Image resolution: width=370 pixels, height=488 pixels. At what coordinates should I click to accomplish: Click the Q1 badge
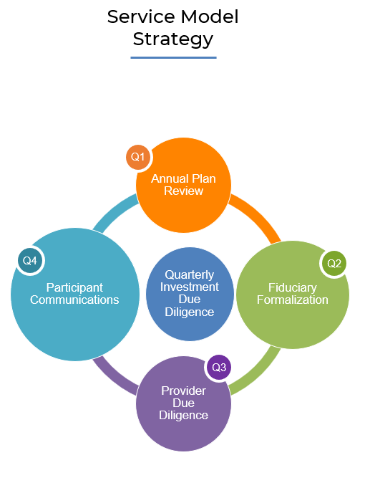coord(138,157)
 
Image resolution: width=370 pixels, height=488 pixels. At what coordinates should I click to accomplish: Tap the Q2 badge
coord(334,264)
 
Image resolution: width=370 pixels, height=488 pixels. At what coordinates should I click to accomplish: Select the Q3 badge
coord(219,367)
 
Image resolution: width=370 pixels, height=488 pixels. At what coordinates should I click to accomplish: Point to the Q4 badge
coord(30,261)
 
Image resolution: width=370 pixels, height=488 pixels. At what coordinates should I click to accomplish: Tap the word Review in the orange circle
coord(183,191)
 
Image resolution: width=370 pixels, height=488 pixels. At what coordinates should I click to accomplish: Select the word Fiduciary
coord(293,287)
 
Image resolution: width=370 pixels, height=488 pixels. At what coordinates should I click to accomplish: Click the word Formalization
coord(293,300)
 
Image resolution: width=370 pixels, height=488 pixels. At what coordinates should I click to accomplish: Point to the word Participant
coord(74,287)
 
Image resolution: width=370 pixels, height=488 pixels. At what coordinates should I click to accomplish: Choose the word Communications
coord(74,300)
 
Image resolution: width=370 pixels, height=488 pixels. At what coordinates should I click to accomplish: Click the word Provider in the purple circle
coord(183,391)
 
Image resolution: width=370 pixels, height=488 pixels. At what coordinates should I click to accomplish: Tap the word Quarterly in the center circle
coord(190,274)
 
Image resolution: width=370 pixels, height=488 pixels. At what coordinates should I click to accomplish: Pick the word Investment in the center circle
coord(190,287)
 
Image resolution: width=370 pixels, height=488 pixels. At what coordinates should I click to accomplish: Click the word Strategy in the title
coord(173,39)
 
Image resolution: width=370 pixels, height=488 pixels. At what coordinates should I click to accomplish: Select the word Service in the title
coord(142,16)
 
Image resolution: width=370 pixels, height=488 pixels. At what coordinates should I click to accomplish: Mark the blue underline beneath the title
coord(173,57)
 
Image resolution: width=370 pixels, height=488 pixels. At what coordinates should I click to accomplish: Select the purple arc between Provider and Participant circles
coord(111,378)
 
